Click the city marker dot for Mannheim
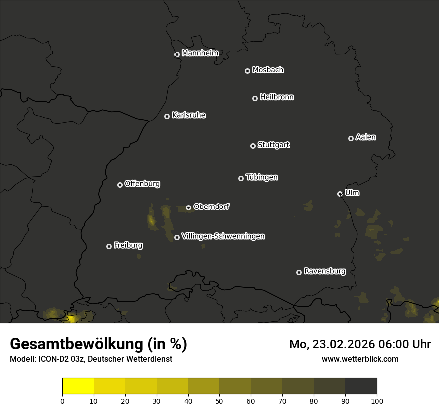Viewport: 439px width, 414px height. (177, 55)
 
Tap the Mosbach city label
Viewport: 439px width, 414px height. (268, 70)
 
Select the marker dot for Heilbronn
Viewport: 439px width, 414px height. (255, 98)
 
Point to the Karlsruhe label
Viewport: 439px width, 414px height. (188, 115)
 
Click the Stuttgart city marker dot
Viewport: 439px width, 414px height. (253, 146)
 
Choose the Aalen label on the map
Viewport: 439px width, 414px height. (366, 137)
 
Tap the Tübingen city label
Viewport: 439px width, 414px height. (262, 177)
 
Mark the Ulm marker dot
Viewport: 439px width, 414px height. (340, 194)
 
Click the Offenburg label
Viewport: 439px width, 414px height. (142, 184)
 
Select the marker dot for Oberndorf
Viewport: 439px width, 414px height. (188, 207)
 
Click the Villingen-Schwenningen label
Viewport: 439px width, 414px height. (223, 236)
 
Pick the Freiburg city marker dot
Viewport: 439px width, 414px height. (109, 246)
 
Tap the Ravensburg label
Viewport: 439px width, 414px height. (325, 272)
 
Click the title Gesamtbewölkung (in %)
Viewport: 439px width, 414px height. (99, 344)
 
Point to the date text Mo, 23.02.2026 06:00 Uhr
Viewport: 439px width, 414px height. (360, 344)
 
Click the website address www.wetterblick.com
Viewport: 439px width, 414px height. (360, 359)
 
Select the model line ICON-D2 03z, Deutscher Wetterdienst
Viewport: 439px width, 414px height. (91, 359)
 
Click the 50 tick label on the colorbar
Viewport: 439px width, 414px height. (219, 401)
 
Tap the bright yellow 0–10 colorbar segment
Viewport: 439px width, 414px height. (78, 386)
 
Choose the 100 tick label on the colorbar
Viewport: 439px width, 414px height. (377, 401)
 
